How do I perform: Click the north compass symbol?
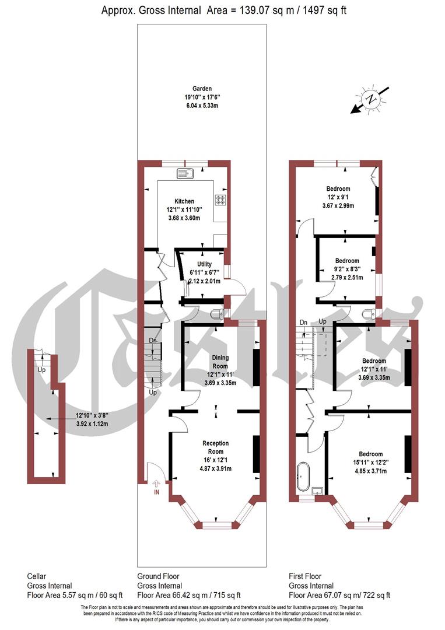point(370,99)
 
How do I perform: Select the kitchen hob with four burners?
point(221,200)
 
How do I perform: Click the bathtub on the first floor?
point(303,477)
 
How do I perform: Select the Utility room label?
point(205,264)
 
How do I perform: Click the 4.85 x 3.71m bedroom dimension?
point(370,471)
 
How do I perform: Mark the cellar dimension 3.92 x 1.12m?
point(93,424)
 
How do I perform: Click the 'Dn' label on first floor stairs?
point(303,322)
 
